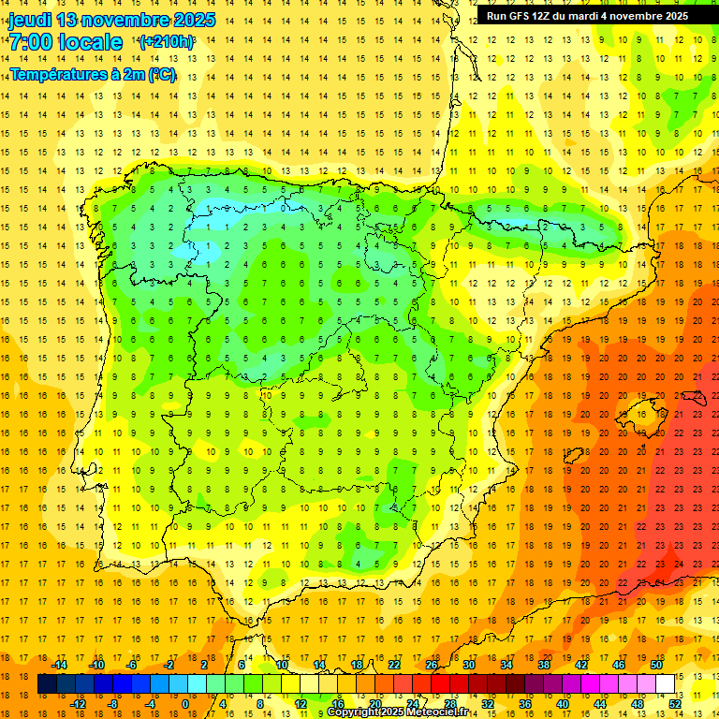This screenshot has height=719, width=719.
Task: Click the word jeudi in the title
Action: pyautogui.click(x=29, y=20)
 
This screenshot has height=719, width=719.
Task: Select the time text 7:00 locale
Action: pyautogui.click(x=66, y=42)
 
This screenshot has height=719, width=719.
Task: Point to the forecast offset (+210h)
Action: pyautogui.click(x=168, y=42)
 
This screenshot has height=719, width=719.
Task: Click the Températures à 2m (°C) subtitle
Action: pyautogui.click(x=93, y=74)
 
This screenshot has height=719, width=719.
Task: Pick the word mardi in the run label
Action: pyautogui.click(x=602, y=16)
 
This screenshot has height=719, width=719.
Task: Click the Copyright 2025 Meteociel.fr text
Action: pyautogui.click(x=398, y=712)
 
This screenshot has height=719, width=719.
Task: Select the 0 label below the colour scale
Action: pyautogui.click(x=185, y=704)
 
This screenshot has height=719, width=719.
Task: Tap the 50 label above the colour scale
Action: pyautogui.click(x=655, y=665)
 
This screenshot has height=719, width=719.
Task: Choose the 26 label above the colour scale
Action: pyautogui.click(x=432, y=665)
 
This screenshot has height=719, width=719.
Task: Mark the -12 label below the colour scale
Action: pyautogui.click(x=78, y=704)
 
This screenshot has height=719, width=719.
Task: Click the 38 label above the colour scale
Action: pyautogui.click(x=544, y=665)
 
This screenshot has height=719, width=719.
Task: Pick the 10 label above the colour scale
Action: pyautogui.click(x=282, y=665)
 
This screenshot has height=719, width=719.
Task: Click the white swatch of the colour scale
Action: pyautogui.click(x=666, y=684)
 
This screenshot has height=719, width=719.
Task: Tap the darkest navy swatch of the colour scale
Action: pyautogui.click(x=48, y=684)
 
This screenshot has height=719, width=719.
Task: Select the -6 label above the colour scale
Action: pyautogui.click(x=132, y=665)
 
